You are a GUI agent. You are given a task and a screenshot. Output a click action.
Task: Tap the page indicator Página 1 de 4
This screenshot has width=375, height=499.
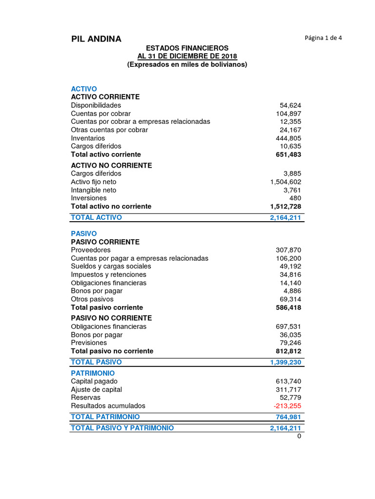coord(323,38)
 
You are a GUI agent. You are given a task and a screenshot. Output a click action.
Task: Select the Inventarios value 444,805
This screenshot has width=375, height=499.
coord(289,138)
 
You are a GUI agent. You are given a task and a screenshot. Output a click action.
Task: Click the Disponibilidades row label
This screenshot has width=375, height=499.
coord(96,105)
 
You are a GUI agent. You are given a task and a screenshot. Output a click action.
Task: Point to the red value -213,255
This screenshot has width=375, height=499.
coord(288,405)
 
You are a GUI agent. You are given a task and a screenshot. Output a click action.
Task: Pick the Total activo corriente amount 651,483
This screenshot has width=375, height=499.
coord(289,154)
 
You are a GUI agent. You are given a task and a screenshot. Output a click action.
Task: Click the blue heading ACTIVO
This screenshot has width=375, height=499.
coord(84,89)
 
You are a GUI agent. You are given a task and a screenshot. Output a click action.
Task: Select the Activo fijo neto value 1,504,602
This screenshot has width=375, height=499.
coord(285,182)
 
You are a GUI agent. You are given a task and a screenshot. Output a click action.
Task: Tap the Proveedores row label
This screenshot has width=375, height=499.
coord(91,250)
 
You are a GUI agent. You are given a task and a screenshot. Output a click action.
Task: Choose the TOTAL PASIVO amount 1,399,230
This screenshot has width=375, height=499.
coord(285,362)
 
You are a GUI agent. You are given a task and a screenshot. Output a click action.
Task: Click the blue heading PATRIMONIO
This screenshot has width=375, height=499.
coord(94,373)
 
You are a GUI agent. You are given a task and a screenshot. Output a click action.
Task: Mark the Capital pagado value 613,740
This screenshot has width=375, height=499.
coord(289,381)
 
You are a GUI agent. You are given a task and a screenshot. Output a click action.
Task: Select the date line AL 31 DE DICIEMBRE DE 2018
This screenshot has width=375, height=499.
coord(187,56)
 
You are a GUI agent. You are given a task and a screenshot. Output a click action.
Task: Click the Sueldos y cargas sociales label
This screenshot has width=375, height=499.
coord(111,266)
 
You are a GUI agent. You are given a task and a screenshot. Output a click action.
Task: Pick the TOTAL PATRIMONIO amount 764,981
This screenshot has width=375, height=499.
coord(289,417)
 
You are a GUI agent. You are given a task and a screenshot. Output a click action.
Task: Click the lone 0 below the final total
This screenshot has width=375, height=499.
coord(299,436)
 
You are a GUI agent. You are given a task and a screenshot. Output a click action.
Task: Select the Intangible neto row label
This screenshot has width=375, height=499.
coord(93,190)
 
